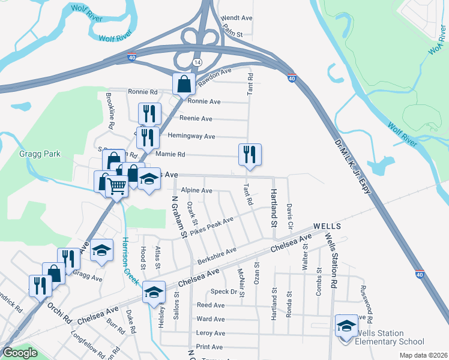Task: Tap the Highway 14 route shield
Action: [197, 62]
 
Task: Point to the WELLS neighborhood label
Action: [327, 226]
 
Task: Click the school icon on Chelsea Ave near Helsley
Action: [154, 291]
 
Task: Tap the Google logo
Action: [20, 353]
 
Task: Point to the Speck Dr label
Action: [225, 292]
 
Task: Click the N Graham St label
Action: [176, 217]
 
